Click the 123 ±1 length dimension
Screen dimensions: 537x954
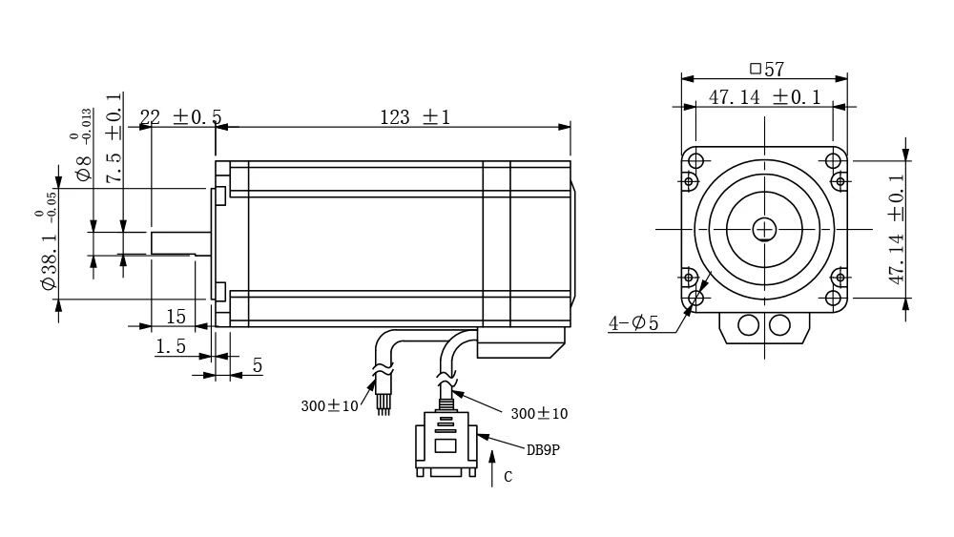click(414, 117)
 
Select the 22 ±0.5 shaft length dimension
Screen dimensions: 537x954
click(180, 116)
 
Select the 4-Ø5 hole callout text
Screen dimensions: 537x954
click(633, 323)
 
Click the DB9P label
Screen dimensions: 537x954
click(542, 450)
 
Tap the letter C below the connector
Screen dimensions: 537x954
click(508, 477)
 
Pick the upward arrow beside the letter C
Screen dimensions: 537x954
click(492, 471)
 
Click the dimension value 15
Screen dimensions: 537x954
click(176, 316)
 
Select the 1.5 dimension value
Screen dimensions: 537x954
click(171, 347)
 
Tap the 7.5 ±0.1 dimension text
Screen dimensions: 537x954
click(114, 143)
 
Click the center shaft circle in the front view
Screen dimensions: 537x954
click(764, 229)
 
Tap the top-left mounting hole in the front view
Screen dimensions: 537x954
click(695, 160)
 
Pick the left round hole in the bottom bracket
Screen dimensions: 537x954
click(749, 325)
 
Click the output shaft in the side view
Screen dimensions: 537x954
click(179, 242)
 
